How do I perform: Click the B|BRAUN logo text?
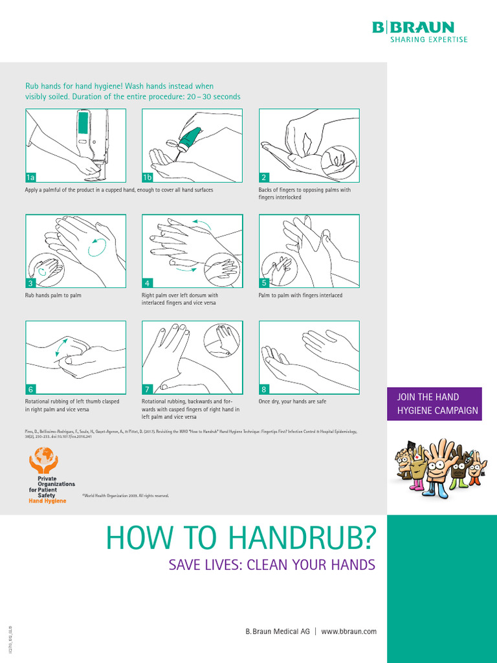click(x=413, y=27)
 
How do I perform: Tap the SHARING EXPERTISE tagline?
click(x=428, y=39)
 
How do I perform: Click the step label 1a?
click(x=30, y=177)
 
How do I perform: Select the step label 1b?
click(x=148, y=177)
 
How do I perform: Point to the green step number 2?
click(x=264, y=177)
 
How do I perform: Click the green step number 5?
click(x=264, y=283)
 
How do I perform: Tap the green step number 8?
click(x=264, y=389)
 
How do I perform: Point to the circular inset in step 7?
click(x=221, y=340)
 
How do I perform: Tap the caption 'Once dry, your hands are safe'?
click(x=293, y=401)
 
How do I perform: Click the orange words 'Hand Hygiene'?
click(x=47, y=501)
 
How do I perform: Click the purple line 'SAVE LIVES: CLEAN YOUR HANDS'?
click(x=272, y=565)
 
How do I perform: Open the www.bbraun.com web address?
click(x=349, y=631)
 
